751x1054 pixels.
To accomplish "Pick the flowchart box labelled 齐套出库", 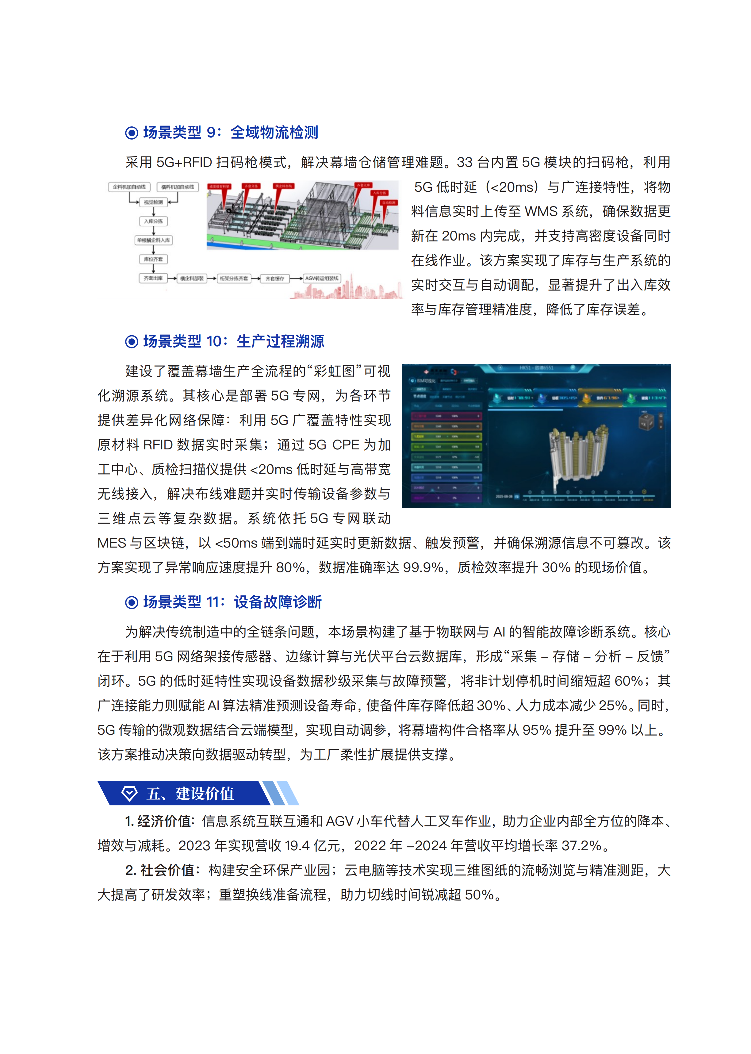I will click(x=153, y=279).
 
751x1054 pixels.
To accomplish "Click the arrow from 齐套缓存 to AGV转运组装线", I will click(x=296, y=279).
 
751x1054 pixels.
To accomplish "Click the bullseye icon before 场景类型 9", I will click(x=132, y=133).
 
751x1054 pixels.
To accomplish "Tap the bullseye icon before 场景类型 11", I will click(x=132, y=602).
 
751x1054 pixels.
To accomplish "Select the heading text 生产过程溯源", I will click(x=280, y=341).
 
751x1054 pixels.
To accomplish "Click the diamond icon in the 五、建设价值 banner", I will click(x=129, y=794).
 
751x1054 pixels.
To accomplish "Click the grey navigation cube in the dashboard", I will click(x=646, y=422).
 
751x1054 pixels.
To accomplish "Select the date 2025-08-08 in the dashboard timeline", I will click(x=504, y=497).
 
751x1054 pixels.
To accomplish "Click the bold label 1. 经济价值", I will click(x=159, y=821).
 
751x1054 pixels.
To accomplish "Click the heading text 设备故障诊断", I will click(x=278, y=602).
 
